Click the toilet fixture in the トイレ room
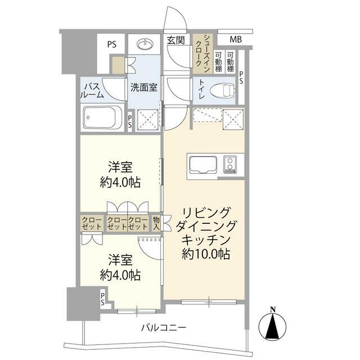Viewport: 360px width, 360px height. (x=223, y=90)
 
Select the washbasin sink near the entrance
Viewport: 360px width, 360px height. (x=145, y=44)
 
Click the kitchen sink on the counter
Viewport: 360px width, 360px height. (x=203, y=165)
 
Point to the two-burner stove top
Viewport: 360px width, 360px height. (x=230, y=165)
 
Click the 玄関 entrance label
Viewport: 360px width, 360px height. (x=175, y=40)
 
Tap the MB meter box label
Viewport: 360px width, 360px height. (x=236, y=39)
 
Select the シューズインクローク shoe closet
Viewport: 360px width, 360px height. (x=202, y=54)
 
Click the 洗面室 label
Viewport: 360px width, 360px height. (x=144, y=88)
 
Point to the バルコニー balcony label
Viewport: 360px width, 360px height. (x=164, y=327)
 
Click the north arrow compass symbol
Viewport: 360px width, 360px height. (x=272, y=326)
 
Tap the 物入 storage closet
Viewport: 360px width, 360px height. (x=156, y=223)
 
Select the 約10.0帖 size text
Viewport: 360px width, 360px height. (x=206, y=254)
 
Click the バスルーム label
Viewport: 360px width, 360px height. (x=92, y=91)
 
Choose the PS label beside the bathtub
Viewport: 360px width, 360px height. (x=130, y=121)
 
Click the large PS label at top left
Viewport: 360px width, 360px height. (x=112, y=44)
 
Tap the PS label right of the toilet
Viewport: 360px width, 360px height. (x=241, y=78)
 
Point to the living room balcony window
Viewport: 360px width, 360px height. (x=209, y=301)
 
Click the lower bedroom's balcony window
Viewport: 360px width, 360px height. (x=137, y=311)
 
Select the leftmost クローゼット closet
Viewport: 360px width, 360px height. (x=92, y=223)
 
